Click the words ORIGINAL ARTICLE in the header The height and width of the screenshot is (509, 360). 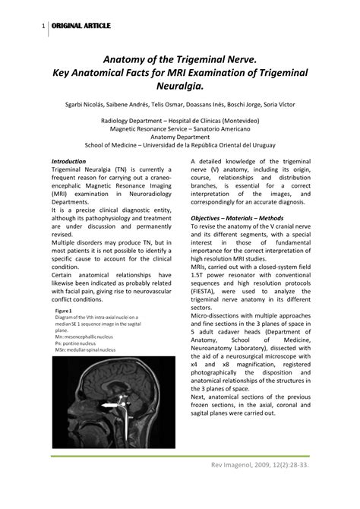(81, 27)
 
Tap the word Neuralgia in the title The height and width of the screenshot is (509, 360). (180, 86)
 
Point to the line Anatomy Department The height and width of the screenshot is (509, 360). (180, 138)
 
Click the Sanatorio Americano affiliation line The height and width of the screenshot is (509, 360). (180, 129)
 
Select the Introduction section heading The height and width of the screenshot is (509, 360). (68, 162)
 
